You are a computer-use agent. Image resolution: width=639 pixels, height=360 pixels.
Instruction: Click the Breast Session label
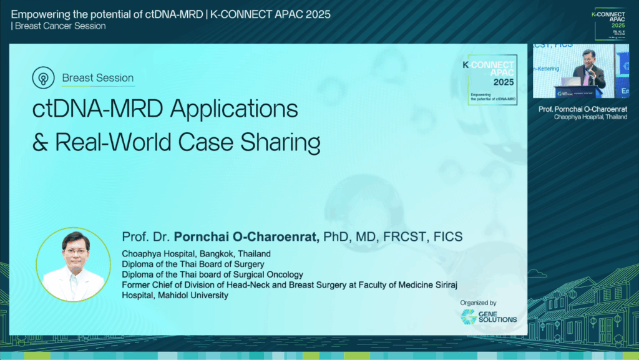(98, 78)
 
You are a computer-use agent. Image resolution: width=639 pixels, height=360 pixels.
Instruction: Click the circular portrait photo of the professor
(74, 264)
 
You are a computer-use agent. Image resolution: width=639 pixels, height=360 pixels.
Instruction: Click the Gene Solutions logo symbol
(469, 316)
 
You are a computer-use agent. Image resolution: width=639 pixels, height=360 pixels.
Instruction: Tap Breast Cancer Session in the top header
(60, 26)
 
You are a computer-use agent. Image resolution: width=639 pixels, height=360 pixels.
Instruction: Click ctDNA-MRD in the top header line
(167, 14)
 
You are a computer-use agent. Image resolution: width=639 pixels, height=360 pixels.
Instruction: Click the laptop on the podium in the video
(570, 81)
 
